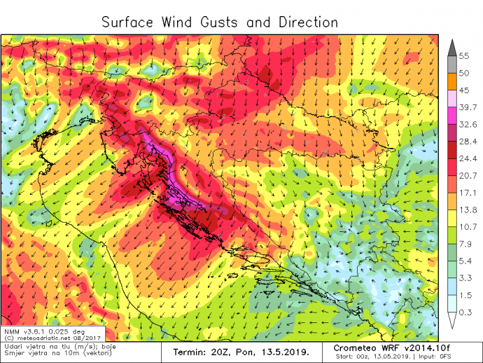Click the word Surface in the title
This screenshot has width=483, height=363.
click(128, 22)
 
